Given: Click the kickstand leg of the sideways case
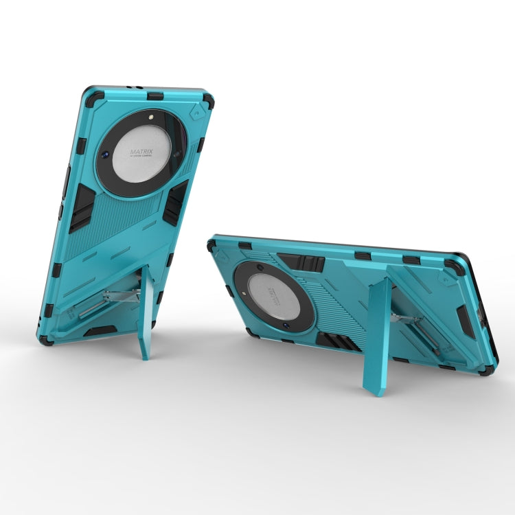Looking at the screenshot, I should coord(380,336).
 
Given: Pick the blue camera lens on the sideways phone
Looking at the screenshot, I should coord(263,264).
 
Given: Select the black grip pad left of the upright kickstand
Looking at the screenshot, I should coord(81,206).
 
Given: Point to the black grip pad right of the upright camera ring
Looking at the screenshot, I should coord(176,201).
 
